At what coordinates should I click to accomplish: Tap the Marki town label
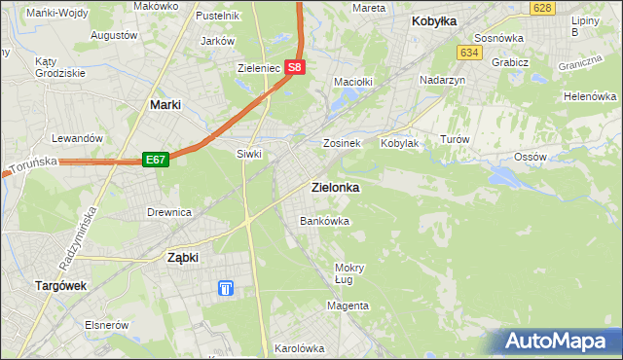tap(167, 104)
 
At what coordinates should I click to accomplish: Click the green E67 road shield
tap(156, 160)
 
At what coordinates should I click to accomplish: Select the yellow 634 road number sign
tap(470, 52)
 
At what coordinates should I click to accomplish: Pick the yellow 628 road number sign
tap(543, 7)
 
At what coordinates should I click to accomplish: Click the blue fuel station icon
tap(226, 288)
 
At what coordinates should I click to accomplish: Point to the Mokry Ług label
tap(348, 273)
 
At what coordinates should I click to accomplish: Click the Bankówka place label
tap(324, 221)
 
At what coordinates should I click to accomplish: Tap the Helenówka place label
tap(591, 97)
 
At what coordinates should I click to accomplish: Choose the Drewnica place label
tap(168, 211)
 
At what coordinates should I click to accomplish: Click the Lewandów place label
tap(78, 138)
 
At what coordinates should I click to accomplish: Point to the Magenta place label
tap(348, 306)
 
